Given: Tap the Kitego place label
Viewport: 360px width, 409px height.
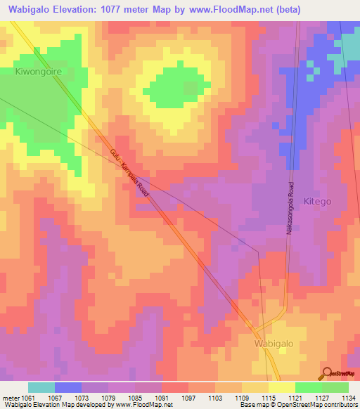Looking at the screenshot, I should pos(316,201).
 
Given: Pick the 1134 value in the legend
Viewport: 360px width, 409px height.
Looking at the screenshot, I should pos(347,397).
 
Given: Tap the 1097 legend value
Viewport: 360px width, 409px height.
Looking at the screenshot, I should pos(188,397).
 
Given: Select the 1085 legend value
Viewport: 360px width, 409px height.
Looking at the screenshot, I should pos(136,397).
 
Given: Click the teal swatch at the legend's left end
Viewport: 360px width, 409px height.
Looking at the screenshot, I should pos(41,387).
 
